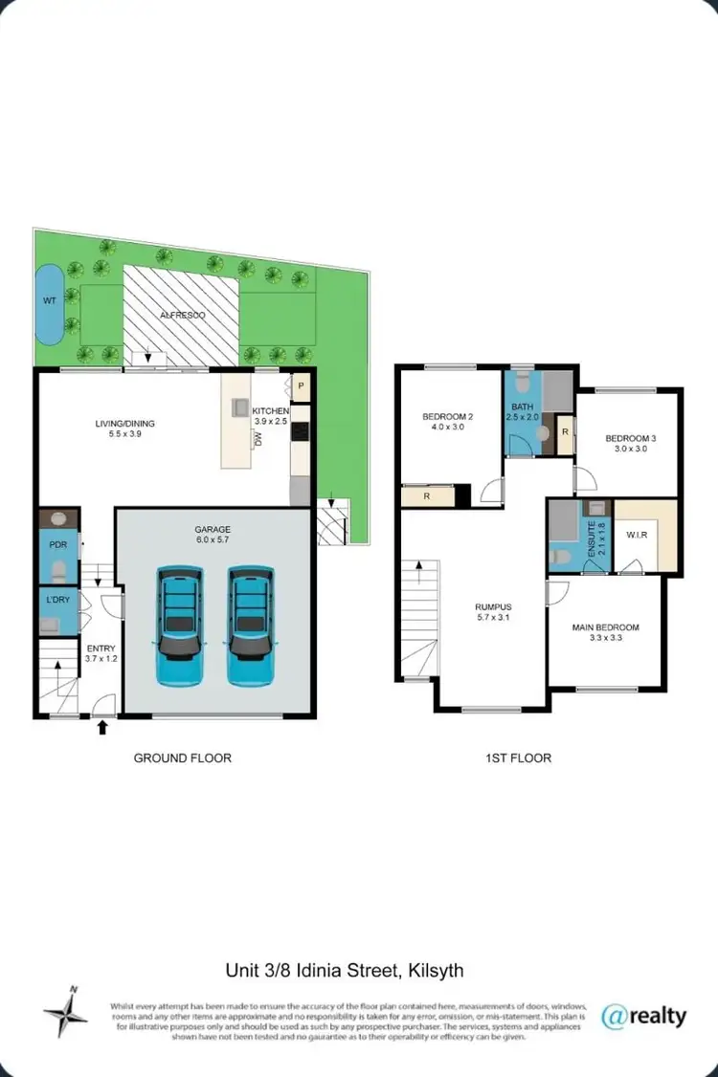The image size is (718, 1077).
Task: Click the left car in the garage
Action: [x=180, y=626]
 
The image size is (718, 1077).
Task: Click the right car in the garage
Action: [x=251, y=626]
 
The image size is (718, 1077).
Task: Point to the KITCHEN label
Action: [x=271, y=411]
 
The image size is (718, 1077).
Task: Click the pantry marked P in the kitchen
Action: [x=301, y=386]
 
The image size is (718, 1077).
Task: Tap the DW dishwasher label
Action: [x=258, y=439]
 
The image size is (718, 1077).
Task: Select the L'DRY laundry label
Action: [x=56, y=600]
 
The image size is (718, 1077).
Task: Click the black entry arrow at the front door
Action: [x=103, y=730]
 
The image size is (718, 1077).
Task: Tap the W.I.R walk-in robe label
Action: [x=636, y=535]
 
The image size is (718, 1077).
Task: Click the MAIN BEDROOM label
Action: [x=605, y=628]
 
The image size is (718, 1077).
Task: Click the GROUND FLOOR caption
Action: [x=182, y=758]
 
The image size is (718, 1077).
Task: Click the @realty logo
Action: [x=643, y=1015]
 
